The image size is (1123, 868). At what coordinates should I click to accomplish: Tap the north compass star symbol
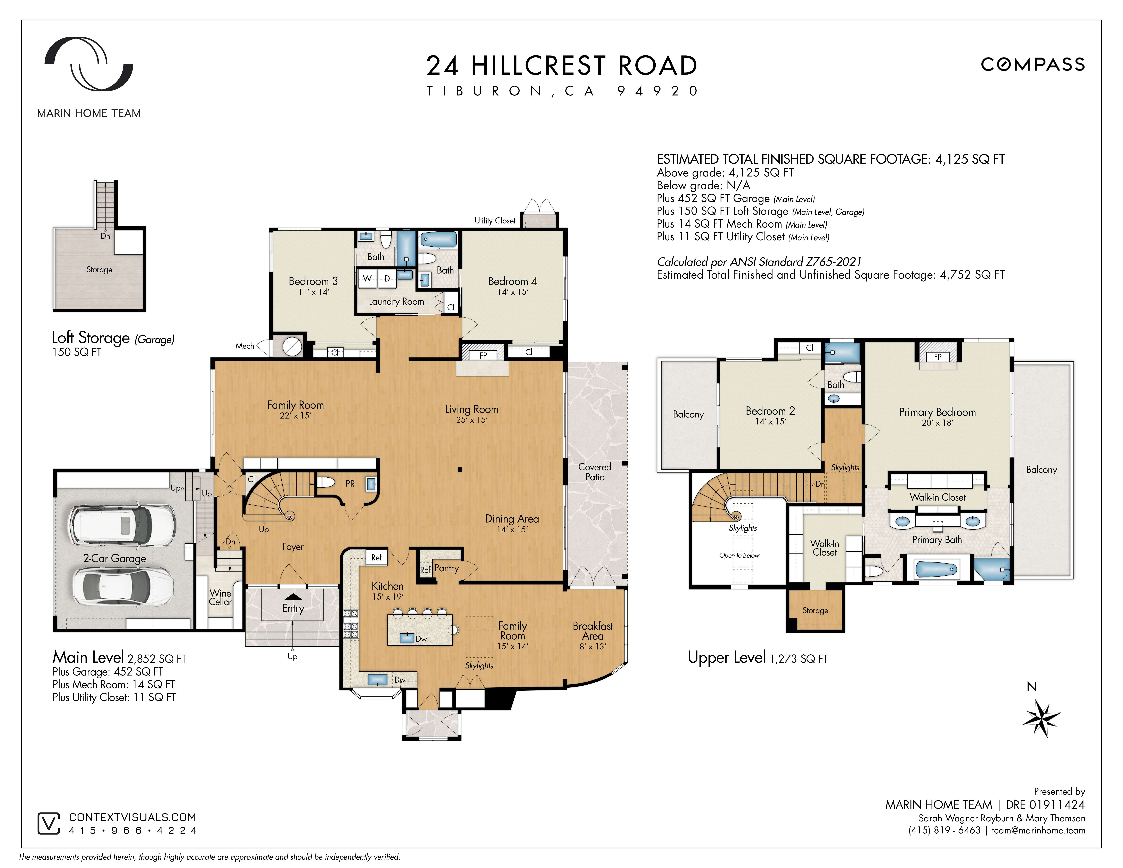(x=1041, y=718)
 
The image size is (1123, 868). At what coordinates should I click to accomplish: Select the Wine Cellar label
(x=220, y=598)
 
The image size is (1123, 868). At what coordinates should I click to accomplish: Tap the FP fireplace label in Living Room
(x=483, y=355)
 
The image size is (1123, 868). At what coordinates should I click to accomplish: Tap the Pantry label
(x=446, y=568)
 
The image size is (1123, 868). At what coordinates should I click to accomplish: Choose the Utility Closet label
(x=495, y=221)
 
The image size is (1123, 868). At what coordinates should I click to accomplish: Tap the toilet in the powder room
(x=325, y=482)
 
